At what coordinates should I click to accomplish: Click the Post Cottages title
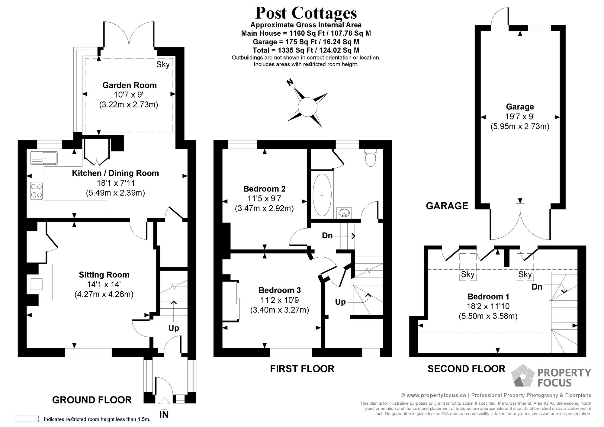coord(306,13)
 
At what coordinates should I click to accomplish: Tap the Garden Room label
coord(129,85)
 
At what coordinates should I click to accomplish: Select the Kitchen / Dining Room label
coord(115,173)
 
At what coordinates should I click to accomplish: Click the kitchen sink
coord(44,158)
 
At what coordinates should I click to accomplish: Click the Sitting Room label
coord(104,274)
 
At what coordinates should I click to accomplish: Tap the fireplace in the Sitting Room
coord(36,284)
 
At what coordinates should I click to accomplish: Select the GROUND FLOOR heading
coord(92,400)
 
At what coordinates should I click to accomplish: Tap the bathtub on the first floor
coord(322,194)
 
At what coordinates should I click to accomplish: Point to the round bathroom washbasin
coord(344,213)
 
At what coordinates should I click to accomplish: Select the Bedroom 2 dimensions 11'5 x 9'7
coord(264,198)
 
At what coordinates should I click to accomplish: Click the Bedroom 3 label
coord(279,290)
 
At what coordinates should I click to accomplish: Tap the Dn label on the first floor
coord(327,236)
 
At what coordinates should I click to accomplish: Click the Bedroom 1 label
coord(488,296)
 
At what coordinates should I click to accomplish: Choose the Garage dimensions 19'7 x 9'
coord(520,116)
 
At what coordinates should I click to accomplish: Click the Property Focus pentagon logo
coord(523,375)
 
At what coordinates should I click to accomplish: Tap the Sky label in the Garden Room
coord(163,64)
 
